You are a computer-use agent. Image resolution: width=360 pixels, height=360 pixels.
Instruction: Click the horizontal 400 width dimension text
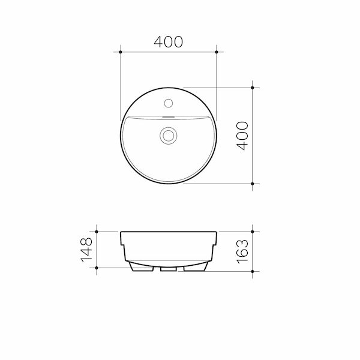point(168,41)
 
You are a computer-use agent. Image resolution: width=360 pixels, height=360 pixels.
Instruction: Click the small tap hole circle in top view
point(169,103)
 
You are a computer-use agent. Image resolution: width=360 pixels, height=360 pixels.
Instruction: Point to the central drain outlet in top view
point(169,135)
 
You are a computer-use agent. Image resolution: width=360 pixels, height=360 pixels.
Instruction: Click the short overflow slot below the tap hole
point(169,115)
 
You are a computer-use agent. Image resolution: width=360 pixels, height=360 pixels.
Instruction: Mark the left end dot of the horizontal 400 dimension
point(121,53)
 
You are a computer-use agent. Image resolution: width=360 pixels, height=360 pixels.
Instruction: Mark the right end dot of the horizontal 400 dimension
point(217,53)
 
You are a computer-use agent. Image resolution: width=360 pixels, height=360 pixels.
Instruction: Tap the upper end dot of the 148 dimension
point(96,231)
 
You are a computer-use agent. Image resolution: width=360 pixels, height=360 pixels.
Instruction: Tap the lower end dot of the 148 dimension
point(96,266)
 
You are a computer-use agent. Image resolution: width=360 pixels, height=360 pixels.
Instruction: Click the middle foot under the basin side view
point(169,269)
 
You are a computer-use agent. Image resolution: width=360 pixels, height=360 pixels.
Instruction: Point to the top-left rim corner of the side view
point(122,232)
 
